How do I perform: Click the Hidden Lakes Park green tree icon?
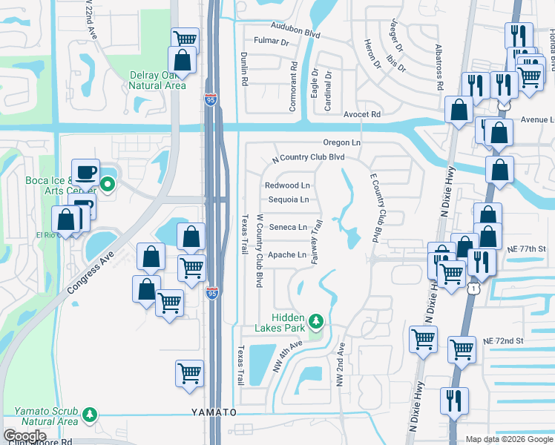pos(317,320)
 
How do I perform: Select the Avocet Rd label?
pos(361,114)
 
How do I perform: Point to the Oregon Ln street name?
pos(341,142)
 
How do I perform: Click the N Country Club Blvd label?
pos(309,157)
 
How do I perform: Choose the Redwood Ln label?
pos(287,185)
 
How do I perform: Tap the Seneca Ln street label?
pos(288,227)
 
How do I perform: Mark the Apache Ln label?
pos(288,255)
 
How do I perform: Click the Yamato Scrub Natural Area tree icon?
pos(90,412)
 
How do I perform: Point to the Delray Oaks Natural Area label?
pos(157,80)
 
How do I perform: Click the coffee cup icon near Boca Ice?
pos(85,172)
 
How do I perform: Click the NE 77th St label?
pos(529,249)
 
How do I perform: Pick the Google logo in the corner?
pos(24,435)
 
